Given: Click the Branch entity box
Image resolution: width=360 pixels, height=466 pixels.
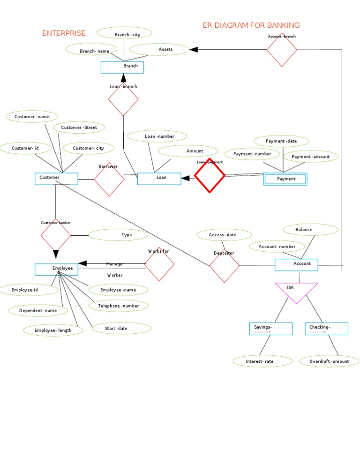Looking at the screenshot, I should coord(122,68).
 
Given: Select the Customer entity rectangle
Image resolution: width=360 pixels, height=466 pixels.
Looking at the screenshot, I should coord(56,178).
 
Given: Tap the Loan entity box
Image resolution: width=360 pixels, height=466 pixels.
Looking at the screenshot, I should coord(159,179).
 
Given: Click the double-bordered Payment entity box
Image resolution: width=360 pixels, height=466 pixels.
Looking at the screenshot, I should coord(285,179).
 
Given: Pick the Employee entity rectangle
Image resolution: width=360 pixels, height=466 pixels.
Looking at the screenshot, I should coord(56,269).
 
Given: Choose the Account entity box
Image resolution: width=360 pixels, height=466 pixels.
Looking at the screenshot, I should coord(296,265).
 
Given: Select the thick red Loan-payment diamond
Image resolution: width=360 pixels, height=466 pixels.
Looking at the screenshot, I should coord(210,176).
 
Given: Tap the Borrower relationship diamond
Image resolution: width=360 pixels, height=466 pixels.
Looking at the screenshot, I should coord(109,179).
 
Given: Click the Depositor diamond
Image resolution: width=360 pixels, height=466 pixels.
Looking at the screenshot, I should coord(224,266).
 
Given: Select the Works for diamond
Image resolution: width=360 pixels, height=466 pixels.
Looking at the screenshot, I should coord(159,264).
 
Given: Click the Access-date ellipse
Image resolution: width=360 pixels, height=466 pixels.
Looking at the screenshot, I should coord(224,234).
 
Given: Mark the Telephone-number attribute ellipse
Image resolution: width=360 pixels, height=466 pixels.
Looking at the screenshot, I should coord(118,306).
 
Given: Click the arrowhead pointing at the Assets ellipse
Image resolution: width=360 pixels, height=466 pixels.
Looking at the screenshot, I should coord(194,49).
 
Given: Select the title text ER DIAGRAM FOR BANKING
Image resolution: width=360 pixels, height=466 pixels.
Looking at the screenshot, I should coord(251,25).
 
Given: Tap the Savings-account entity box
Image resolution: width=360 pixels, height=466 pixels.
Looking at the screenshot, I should coord(271,329).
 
